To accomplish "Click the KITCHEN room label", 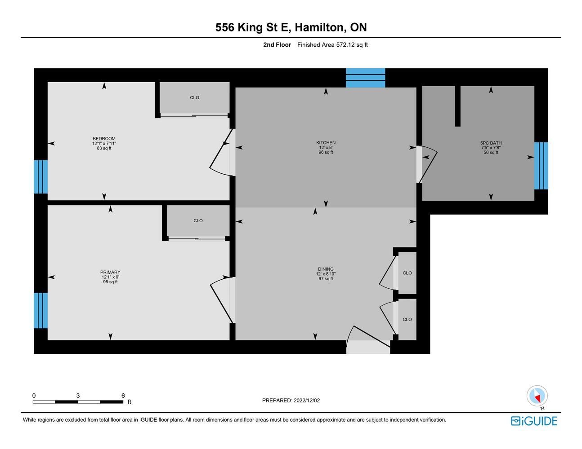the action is tap(326, 143).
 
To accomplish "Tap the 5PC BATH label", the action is tap(491, 143).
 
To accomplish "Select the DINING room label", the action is tap(326, 269).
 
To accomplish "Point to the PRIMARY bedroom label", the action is tap(110, 272).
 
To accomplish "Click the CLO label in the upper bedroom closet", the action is tap(194, 97).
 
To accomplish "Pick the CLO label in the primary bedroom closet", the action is tap(198, 220).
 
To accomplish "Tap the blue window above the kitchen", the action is tap(365, 78).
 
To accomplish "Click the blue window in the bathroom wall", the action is tap(541, 166).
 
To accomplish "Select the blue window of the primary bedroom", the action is tap(41, 310).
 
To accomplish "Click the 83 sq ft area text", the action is tap(104, 148).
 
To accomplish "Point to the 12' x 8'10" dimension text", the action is tap(326, 274).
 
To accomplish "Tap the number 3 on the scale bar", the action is tap(78, 396).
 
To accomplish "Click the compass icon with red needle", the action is tap(537, 396).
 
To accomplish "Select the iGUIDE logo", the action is tap(534, 421).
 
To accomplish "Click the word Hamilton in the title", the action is tap(320, 27).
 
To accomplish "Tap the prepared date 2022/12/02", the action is tap(307, 401).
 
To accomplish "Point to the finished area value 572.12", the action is tap(345, 44).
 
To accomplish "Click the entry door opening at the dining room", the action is tap(368, 347).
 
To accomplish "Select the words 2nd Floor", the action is tap(277, 44).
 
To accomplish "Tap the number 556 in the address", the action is tap(225, 27).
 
